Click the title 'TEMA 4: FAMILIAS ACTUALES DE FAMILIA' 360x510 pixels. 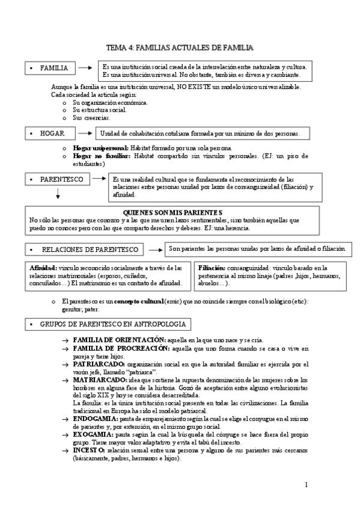[179, 47]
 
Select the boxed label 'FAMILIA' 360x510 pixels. [53, 68]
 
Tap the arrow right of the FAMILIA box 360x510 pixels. [87, 67]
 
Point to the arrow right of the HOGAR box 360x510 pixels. [87, 132]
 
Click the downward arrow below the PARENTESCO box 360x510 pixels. [58, 194]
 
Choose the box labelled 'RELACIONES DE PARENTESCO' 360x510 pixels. [90, 249]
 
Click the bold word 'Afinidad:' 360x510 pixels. [43, 268]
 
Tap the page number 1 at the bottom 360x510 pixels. [306, 485]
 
